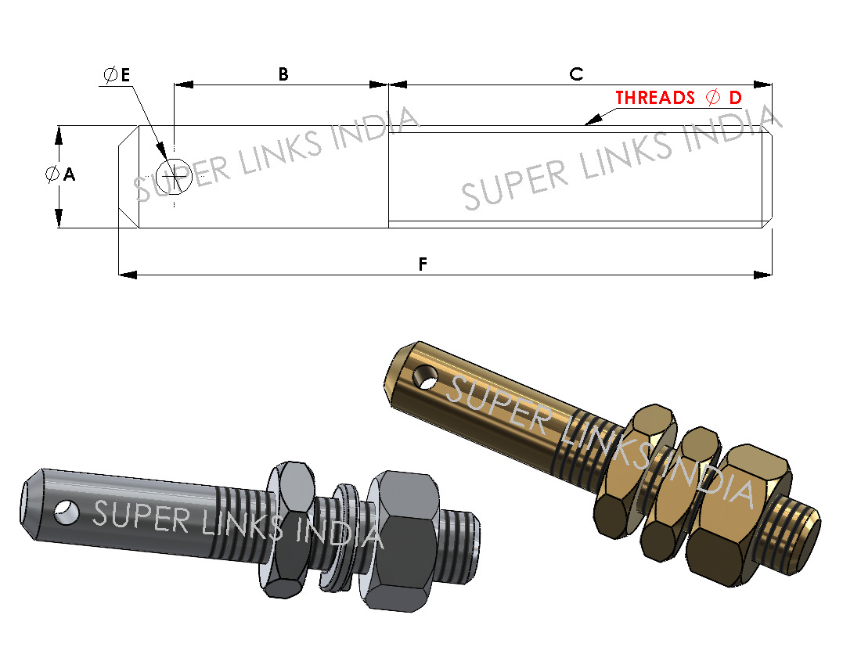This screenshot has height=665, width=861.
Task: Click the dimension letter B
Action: pyautogui.click(x=283, y=74)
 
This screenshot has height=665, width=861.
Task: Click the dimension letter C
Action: pyautogui.click(x=576, y=74)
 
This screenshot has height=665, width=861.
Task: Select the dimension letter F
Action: pyautogui.click(x=423, y=264)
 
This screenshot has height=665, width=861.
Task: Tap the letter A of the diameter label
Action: pyautogui.click(x=69, y=175)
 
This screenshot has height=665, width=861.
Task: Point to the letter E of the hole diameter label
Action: pyautogui.click(x=124, y=75)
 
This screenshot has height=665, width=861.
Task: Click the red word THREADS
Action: pyautogui.click(x=655, y=98)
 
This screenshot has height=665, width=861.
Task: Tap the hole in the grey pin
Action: pyautogui.click(x=66, y=512)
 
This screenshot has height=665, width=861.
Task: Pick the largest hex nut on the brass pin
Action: pyautogui.click(x=744, y=512)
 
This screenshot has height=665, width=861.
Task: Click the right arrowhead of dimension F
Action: pyautogui.click(x=763, y=275)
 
